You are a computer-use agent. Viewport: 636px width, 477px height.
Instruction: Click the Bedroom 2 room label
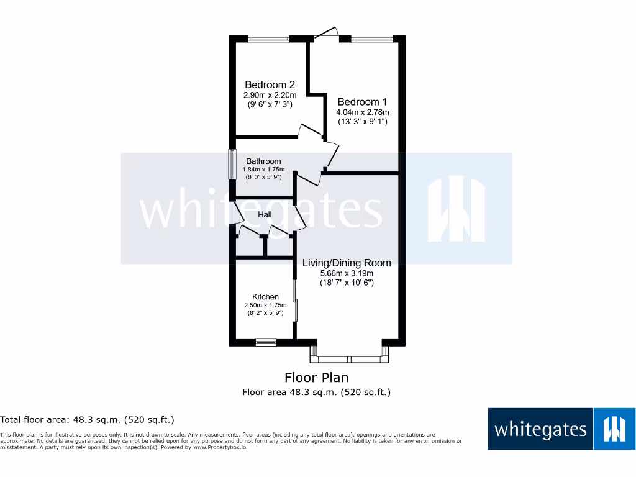(270, 84)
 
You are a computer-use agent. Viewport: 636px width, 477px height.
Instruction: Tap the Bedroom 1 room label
(362, 102)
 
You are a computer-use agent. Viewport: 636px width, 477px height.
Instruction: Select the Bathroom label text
(263, 161)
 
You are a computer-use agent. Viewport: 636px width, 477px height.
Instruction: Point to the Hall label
(265, 215)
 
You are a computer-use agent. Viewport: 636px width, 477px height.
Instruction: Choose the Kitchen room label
(265, 297)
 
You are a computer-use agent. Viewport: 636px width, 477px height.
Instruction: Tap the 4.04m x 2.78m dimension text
(362, 112)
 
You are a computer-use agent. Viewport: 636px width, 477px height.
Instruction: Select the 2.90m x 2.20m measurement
(270, 95)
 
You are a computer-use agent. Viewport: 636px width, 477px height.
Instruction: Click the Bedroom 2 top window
(269, 39)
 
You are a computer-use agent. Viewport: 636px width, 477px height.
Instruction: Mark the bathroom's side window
(232, 165)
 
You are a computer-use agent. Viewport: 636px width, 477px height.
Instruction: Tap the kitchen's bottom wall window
(266, 341)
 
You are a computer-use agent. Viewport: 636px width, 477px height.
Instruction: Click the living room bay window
(350, 358)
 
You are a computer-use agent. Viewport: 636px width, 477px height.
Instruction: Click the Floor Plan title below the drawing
(316, 377)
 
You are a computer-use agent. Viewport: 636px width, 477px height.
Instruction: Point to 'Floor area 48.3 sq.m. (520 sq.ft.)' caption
(316, 392)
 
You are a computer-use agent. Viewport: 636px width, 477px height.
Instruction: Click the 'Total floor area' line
(87, 420)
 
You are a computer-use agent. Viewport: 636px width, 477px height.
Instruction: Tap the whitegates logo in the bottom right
(561, 429)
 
